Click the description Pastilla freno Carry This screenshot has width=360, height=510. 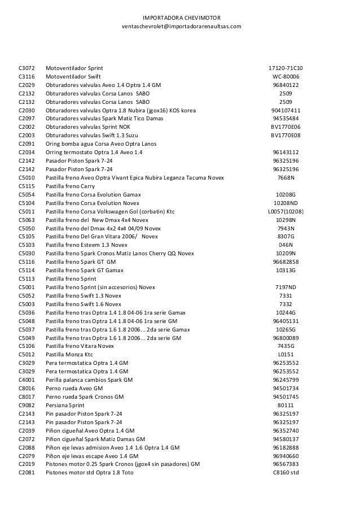pyautogui.click(x=71, y=186)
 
